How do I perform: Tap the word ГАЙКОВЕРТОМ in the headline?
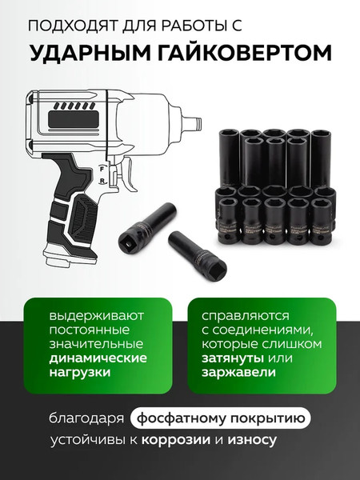coord(241,53)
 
